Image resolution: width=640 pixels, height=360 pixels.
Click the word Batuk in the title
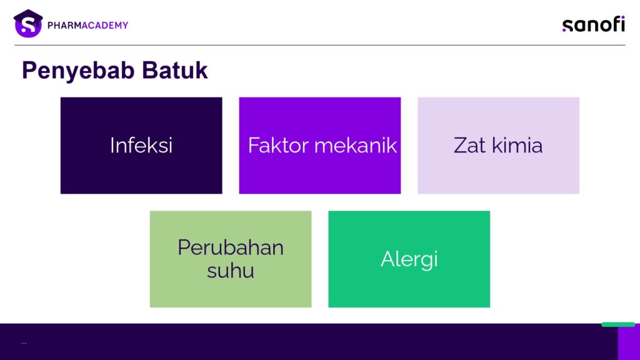[x=175, y=70]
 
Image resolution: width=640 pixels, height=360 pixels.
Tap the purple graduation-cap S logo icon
[x=28, y=24]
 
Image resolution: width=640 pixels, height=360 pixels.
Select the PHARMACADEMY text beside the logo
[x=87, y=25]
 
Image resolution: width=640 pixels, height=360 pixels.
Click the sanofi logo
[x=594, y=24]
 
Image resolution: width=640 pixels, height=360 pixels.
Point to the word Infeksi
[x=141, y=145]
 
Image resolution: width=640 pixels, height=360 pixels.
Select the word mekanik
[x=356, y=145]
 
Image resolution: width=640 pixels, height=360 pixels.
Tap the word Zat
[x=470, y=146]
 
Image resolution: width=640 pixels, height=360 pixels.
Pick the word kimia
[x=517, y=145]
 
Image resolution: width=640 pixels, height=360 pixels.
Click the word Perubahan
[x=231, y=247]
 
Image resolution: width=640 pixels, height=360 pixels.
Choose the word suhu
[x=231, y=270]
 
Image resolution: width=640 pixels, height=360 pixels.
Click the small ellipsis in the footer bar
[x=24, y=343]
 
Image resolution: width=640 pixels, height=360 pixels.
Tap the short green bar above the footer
[x=618, y=324]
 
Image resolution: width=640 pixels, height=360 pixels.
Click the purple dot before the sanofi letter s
[x=564, y=30]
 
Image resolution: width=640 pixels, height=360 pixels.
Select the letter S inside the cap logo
[x=27, y=26]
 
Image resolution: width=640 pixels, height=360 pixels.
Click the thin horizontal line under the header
[x=320, y=45]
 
